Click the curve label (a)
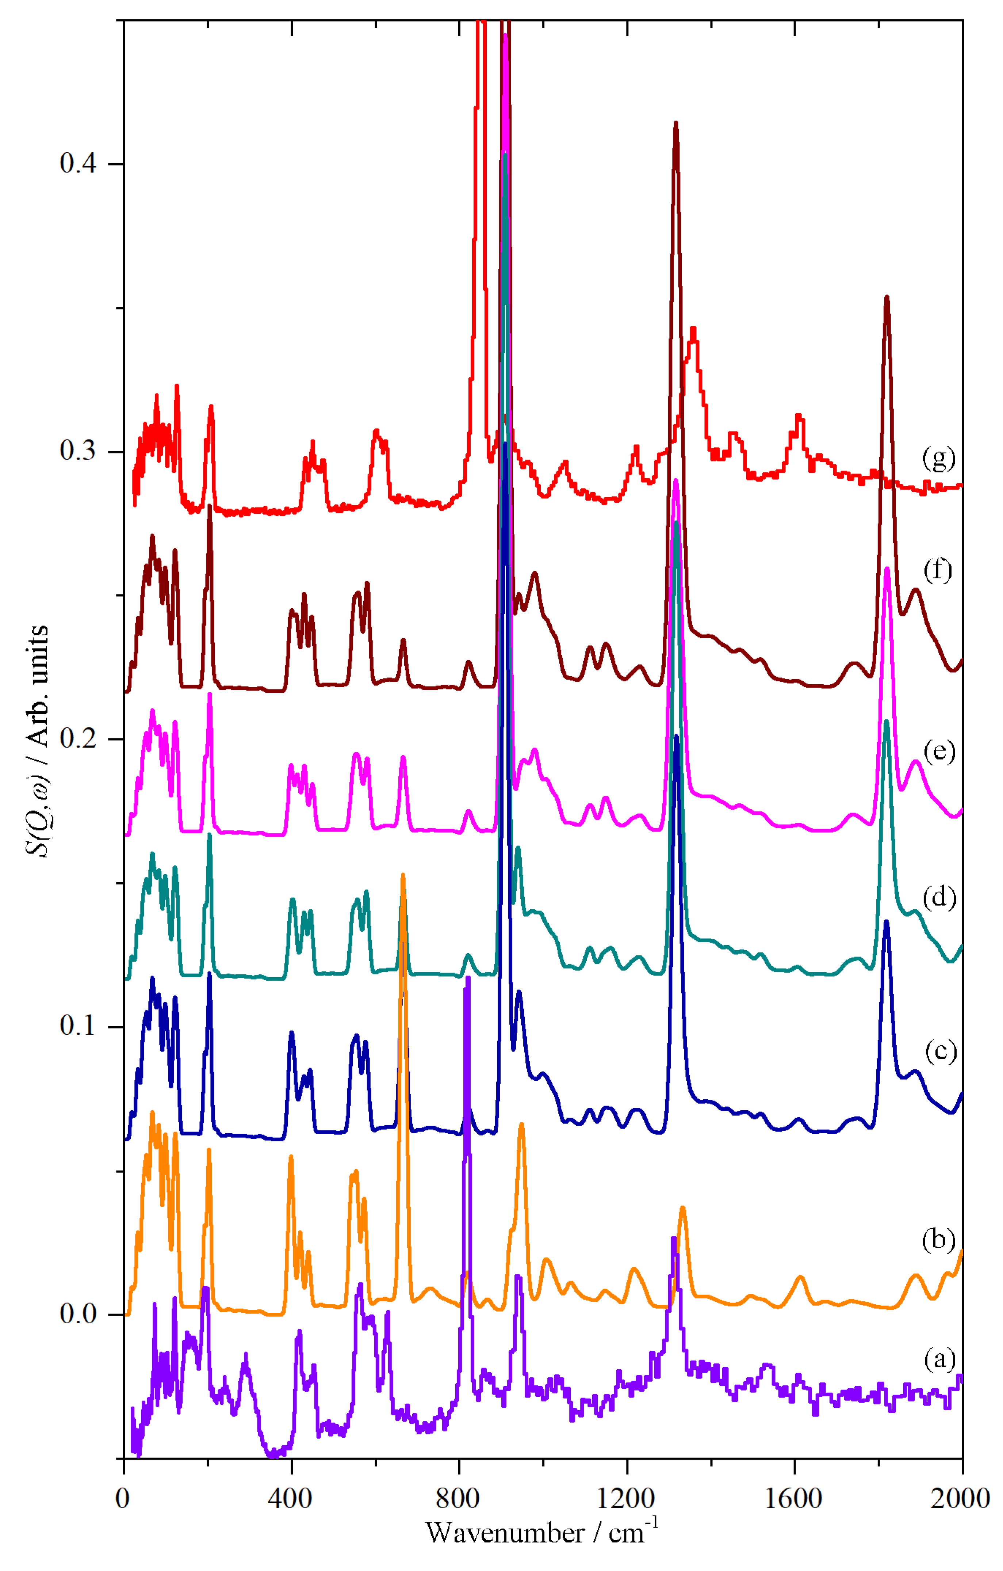pyautogui.click(x=939, y=1359)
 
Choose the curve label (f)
pyautogui.click(x=938, y=570)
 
